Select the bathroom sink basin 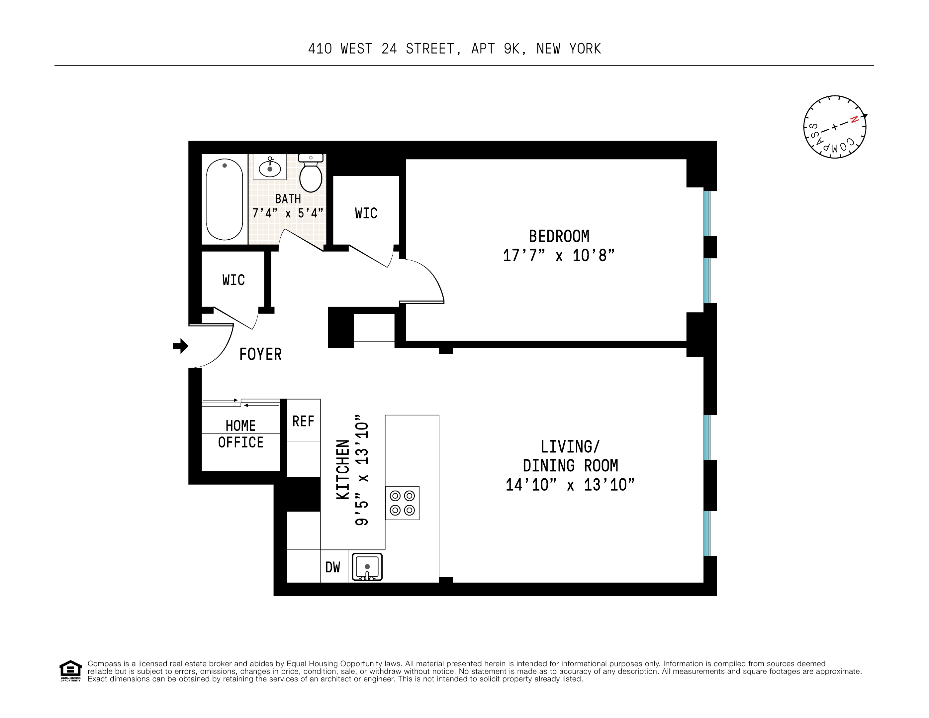click(270, 169)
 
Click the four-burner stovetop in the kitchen click(402, 503)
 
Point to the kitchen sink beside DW click(367, 566)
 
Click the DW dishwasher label click(332, 567)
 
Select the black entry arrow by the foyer click(181, 346)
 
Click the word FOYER click(260, 354)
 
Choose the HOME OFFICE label click(241, 434)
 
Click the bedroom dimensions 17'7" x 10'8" click(559, 255)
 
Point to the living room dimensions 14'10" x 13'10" click(570, 485)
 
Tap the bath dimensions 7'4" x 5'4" click(288, 213)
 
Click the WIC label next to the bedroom click(366, 213)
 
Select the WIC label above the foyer click(233, 280)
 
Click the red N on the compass click(853, 120)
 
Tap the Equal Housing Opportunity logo click(70, 671)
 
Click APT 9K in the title click(495, 49)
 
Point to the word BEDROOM click(559, 236)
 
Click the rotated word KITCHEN click(343, 469)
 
